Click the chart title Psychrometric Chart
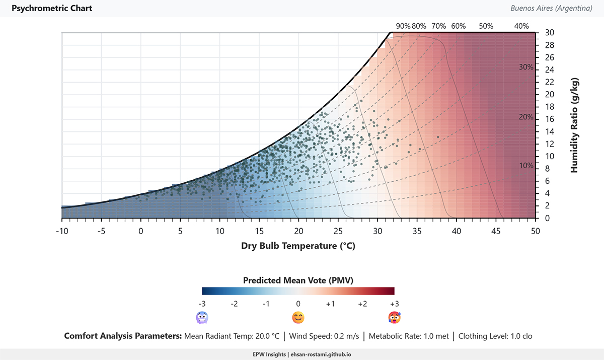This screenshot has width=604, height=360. click(52, 9)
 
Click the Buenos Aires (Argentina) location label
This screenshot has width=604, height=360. click(551, 9)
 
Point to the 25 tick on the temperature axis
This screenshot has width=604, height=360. click(338, 231)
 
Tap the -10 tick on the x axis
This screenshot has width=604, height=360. click(61, 231)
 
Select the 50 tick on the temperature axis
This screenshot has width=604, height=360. click(535, 231)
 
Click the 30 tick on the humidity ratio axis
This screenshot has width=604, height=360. click(549, 33)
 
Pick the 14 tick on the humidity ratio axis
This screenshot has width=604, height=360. click(549, 131)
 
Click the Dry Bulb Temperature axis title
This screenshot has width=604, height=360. click(298, 246)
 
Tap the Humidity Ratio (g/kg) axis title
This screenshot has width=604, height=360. click(574, 125)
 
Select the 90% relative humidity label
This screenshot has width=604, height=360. click(403, 26)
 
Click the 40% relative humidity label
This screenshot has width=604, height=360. click(521, 26)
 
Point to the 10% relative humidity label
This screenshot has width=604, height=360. click(526, 166)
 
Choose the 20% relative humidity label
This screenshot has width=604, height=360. click(526, 117)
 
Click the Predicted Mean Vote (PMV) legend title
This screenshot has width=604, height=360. click(298, 280)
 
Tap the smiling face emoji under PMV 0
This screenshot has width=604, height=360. click(298, 318)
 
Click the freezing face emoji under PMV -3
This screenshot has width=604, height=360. click(202, 318)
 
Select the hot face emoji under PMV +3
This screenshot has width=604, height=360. click(394, 318)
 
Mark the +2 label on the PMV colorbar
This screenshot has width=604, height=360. click(362, 304)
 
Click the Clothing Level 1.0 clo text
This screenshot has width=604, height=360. click(495, 336)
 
